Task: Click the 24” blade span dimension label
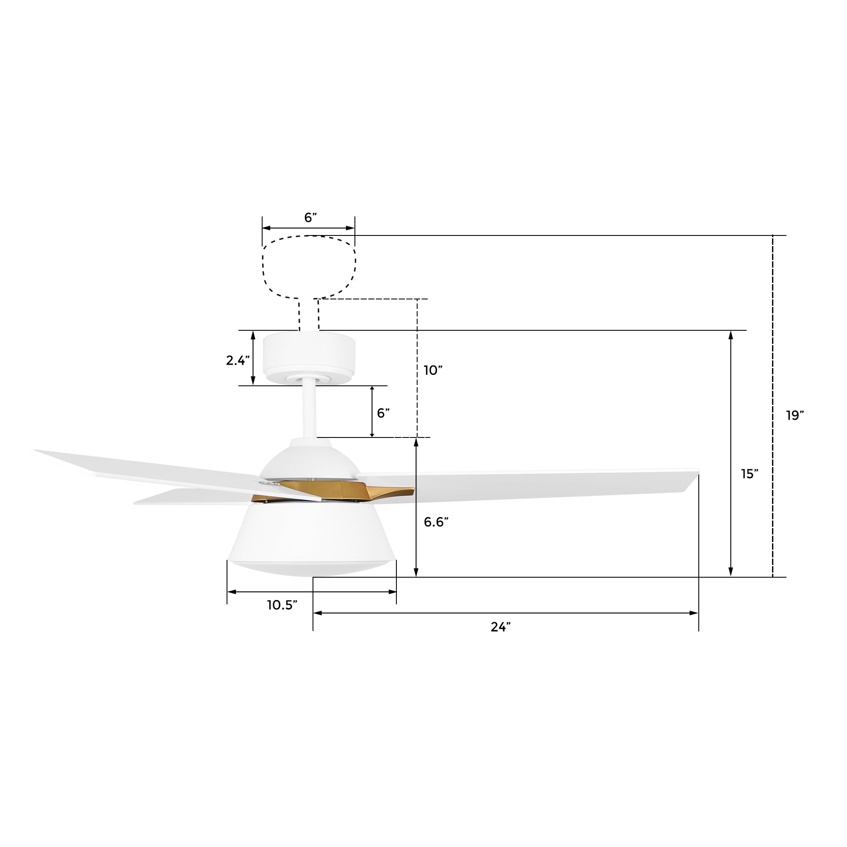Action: pyautogui.click(x=501, y=627)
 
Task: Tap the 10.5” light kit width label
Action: pyautogui.click(x=282, y=606)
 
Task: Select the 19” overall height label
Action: pyautogui.click(x=795, y=415)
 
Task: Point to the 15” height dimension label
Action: pyautogui.click(x=750, y=474)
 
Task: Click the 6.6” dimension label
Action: pyautogui.click(x=436, y=522)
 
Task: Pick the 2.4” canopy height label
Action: pyautogui.click(x=238, y=360)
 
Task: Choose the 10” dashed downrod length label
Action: pyautogui.click(x=433, y=371)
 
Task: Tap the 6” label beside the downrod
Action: pyautogui.click(x=384, y=413)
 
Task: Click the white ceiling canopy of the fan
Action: pyautogui.click(x=309, y=357)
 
